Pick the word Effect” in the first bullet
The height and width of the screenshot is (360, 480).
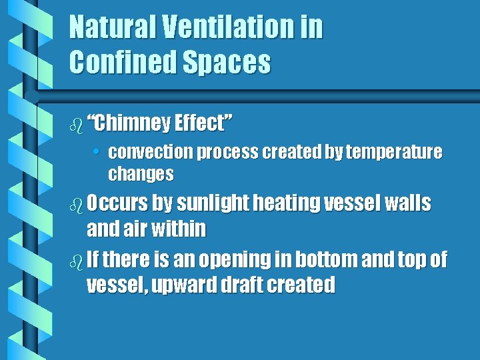[203, 123]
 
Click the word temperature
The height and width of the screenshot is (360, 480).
[398, 153]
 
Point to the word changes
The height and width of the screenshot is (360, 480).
[141, 175]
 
